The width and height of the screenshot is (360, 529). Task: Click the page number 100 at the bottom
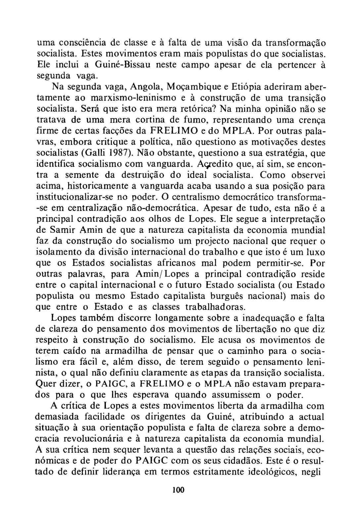pyautogui.click(x=178, y=490)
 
